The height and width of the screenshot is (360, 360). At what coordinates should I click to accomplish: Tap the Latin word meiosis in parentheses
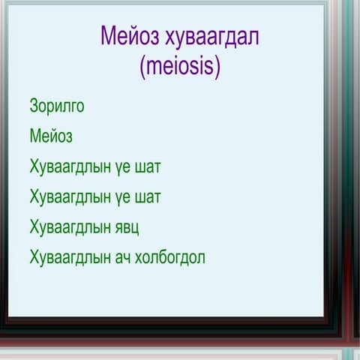click(x=180, y=66)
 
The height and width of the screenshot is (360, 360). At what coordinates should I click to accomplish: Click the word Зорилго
click(x=57, y=106)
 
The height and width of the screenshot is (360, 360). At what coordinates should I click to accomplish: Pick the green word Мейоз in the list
click(x=51, y=136)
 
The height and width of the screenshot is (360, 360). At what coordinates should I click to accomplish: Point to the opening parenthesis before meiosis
click(x=143, y=67)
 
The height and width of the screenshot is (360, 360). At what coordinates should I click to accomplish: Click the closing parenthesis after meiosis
click(x=217, y=67)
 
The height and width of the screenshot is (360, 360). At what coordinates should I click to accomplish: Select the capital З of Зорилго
click(x=34, y=106)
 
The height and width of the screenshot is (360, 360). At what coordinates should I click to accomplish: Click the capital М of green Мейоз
click(x=35, y=136)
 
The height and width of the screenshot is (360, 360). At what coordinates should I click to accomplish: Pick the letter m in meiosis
click(x=154, y=67)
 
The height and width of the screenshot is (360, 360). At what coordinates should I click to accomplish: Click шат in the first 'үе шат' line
click(x=147, y=166)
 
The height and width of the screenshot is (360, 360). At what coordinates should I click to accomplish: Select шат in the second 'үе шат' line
click(x=147, y=196)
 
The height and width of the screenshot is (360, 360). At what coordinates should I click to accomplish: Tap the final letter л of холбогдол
click(x=201, y=258)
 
